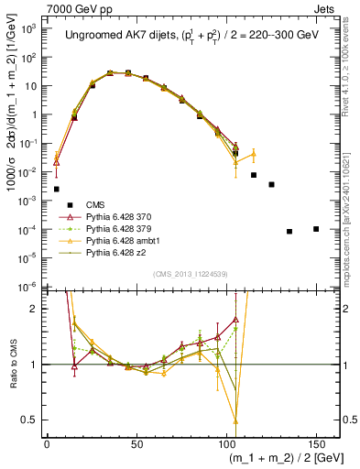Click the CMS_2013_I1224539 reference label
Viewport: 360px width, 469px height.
point(191,273)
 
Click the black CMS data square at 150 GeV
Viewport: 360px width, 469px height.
point(316,229)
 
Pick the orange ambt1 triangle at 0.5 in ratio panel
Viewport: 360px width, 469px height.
point(235,420)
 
